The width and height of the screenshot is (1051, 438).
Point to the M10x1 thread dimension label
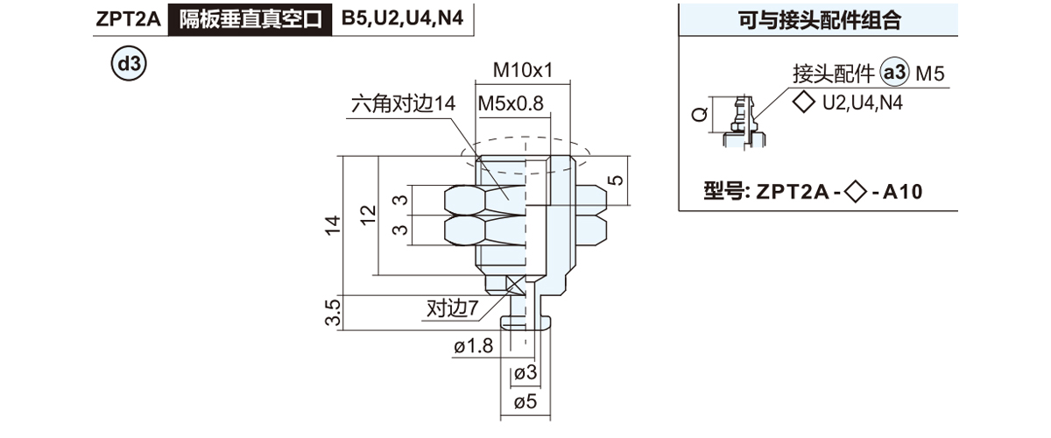click(523, 69)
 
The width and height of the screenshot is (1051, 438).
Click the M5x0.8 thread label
click(511, 103)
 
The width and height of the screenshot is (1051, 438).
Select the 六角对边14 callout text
click(403, 103)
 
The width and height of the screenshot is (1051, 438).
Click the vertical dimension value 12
click(367, 214)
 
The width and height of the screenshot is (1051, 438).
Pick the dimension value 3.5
click(332, 313)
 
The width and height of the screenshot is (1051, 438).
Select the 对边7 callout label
click(452, 308)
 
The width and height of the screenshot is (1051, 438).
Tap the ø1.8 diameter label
click(474, 347)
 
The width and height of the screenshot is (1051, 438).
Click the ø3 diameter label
click(525, 374)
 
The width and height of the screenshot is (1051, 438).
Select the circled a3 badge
click(895, 75)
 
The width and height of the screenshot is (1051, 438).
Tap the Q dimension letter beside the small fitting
click(698, 115)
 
